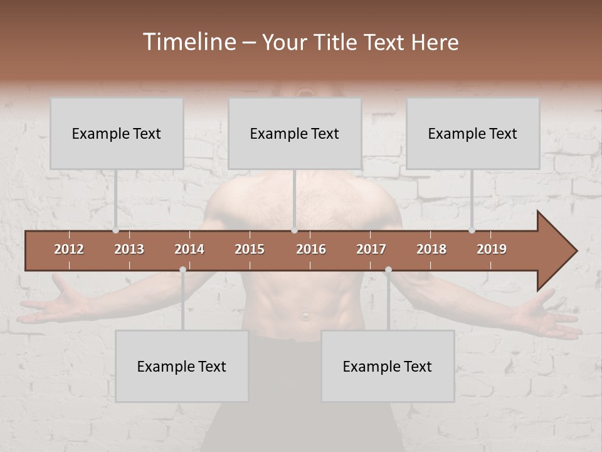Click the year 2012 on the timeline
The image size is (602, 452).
tap(69, 249)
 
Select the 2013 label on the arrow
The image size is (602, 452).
tap(129, 249)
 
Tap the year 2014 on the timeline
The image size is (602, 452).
tap(189, 249)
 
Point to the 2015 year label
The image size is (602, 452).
tap(250, 249)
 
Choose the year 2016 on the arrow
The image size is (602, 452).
tap(311, 249)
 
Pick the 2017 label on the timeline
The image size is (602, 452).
tap(371, 249)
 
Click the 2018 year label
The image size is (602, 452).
tap(431, 249)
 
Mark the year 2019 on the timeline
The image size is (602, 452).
tap(492, 249)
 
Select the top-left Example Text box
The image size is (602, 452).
tap(117, 134)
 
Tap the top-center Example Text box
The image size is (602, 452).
tap(295, 134)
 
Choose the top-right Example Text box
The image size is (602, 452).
tap(473, 134)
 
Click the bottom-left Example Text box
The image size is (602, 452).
tap(182, 367)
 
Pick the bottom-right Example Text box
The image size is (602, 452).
tap(388, 367)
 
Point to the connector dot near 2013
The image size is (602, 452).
tap(116, 230)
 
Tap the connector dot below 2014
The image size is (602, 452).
tap(182, 270)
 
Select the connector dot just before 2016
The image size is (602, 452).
tap(294, 230)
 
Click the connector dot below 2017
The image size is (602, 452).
tap(388, 270)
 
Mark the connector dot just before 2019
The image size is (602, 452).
tap(472, 230)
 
